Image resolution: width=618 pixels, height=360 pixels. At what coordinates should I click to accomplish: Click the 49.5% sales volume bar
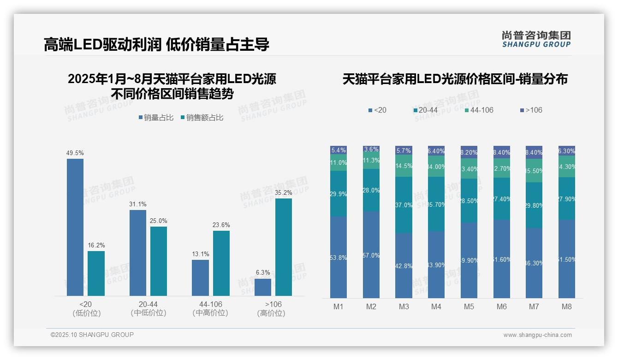[75, 227]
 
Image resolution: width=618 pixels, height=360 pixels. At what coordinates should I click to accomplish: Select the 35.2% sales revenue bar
[284, 247]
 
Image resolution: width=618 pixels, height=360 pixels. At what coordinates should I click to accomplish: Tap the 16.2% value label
[96, 245]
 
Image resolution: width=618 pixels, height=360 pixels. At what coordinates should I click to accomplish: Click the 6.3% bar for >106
[263, 287]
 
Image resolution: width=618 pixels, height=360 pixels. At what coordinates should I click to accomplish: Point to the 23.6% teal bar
[221, 263]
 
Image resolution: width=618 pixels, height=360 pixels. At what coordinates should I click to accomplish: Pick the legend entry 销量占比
[156, 118]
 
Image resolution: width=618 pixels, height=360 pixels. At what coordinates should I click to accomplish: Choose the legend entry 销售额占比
[202, 118]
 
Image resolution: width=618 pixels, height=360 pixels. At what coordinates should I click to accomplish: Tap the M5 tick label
[469, 306]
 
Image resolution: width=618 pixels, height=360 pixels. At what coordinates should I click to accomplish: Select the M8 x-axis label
[567, 306]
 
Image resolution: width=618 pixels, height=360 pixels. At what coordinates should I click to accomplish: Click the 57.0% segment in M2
[371, 255]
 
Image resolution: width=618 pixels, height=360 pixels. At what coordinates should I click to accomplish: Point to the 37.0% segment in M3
[404, 205]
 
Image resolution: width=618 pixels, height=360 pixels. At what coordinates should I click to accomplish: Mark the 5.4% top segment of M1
[339, 150]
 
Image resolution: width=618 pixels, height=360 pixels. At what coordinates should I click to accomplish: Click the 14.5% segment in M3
[404, 166]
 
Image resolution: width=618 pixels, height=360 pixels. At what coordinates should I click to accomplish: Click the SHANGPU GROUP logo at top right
[536, 39]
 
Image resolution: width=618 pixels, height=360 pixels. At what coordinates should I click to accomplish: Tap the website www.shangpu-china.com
[537, 335]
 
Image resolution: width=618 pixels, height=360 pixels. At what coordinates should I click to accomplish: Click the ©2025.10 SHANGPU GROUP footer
[92, 335]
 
